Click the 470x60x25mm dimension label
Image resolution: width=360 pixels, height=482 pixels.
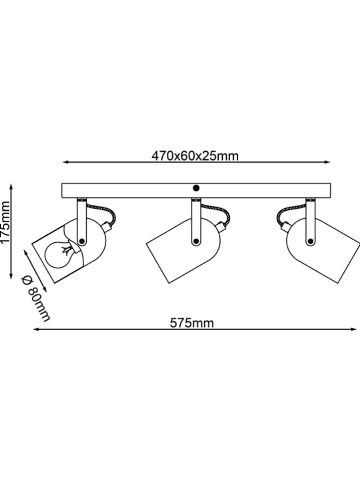[195, 156]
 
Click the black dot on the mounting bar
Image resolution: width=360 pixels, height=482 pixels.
[196, 189]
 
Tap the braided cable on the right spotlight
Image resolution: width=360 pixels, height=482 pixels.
[286, 217]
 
